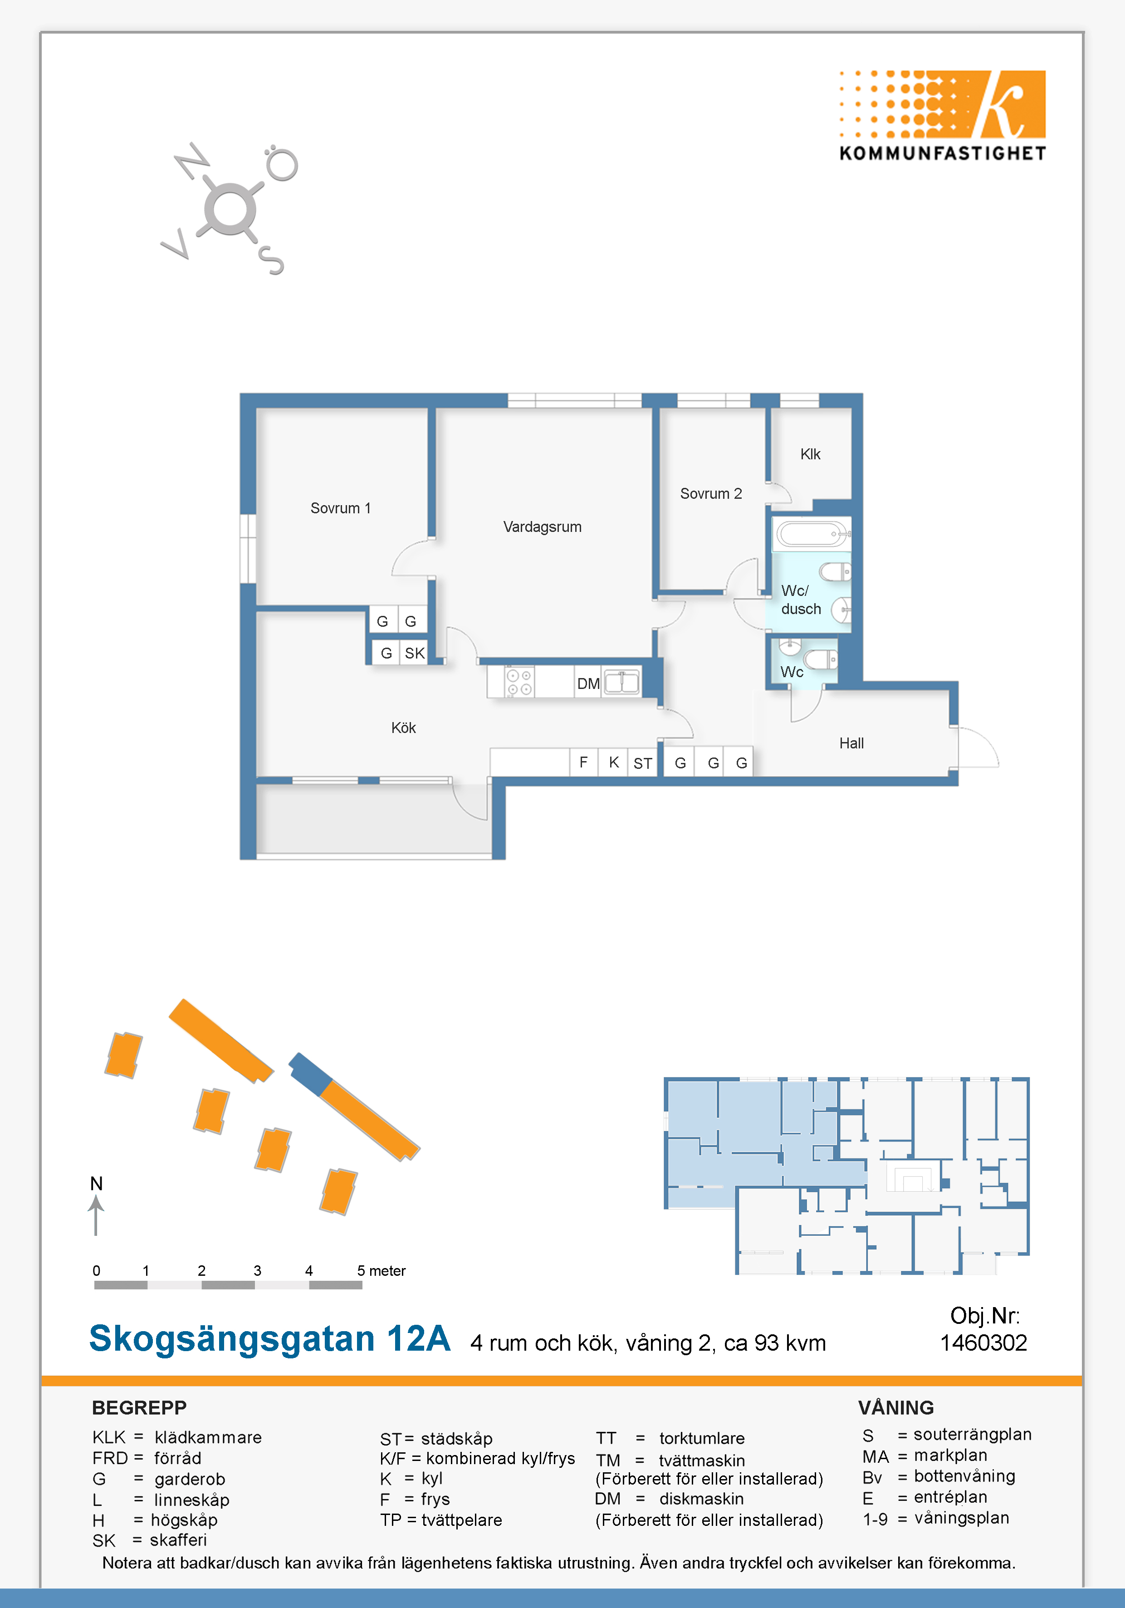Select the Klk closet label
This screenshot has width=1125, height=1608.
pos(810,454)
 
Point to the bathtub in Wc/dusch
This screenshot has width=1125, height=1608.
pos(812,534)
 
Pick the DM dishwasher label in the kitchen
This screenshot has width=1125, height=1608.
pos(588,684)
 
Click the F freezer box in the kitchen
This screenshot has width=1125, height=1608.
pos(583,762)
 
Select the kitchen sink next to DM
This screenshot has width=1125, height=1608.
pos(621,681)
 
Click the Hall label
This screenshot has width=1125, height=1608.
pos(851,743)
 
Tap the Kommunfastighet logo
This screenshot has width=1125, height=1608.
pos(942,116)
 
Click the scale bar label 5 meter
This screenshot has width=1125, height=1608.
pos(381,1270)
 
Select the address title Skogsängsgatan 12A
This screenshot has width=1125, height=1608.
pos(269,1338)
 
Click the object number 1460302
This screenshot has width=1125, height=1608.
pos(983,1342)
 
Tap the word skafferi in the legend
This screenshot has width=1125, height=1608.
pos(179,1540)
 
